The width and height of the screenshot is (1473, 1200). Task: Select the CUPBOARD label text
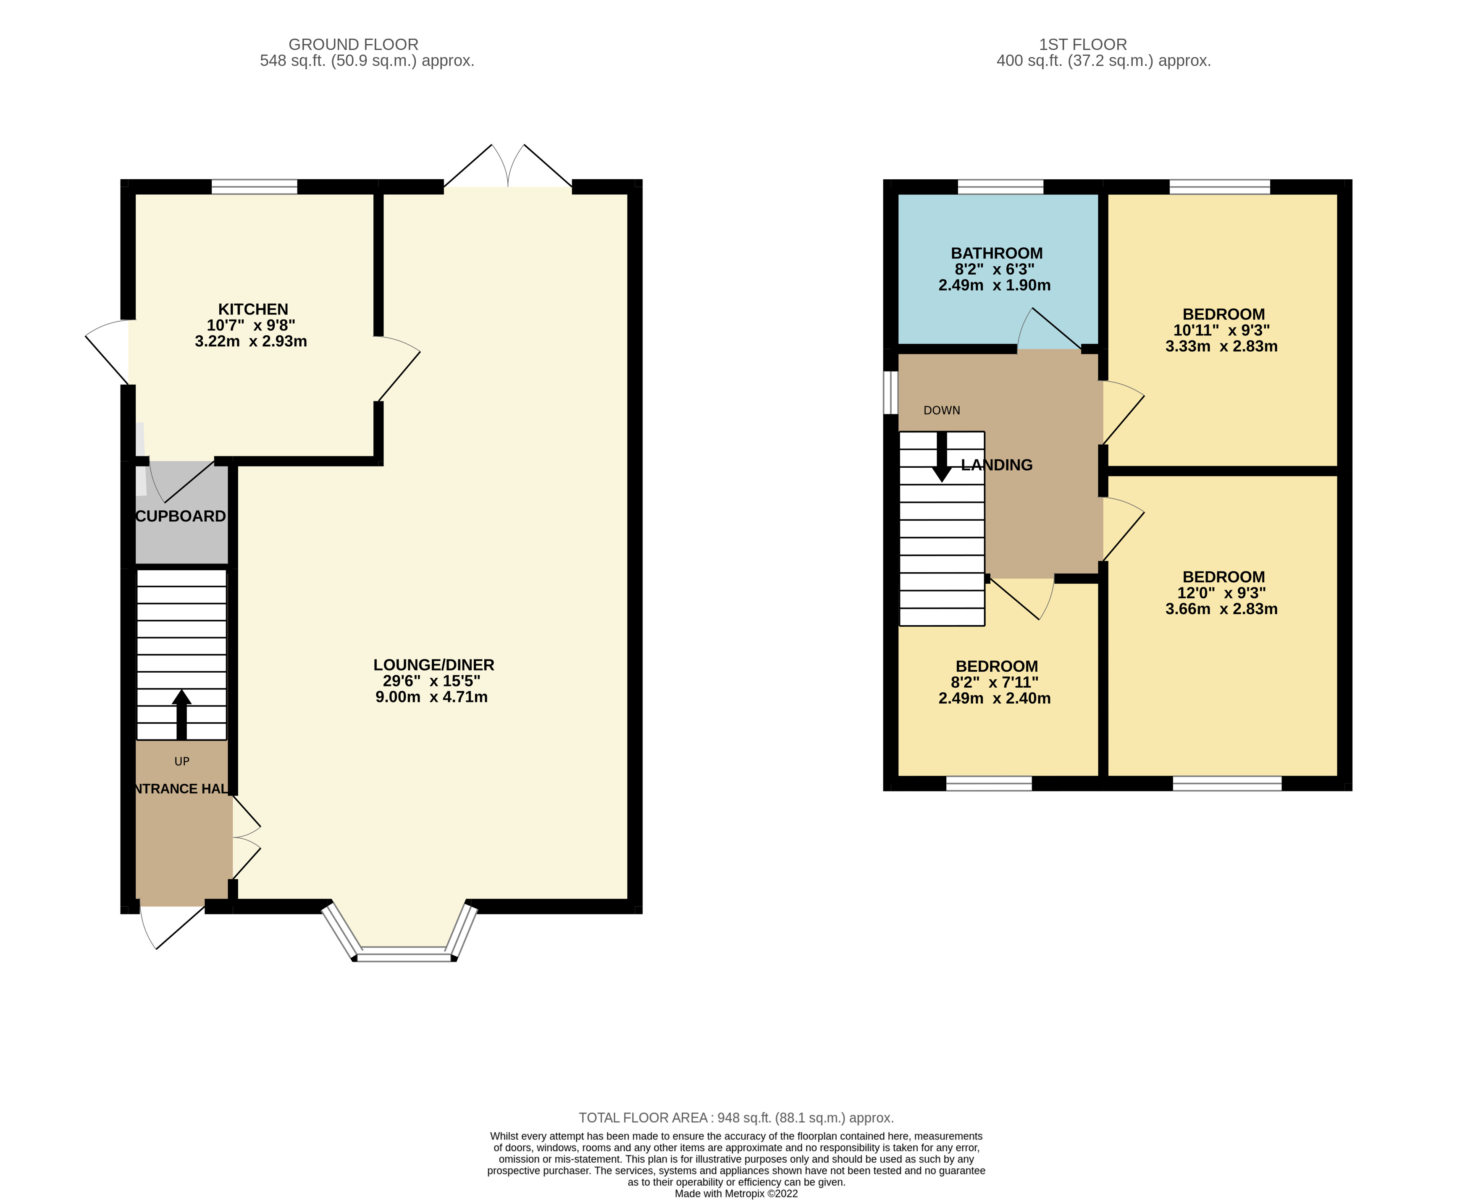[x=181, y=516]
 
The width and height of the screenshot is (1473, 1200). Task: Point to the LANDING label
[x=997, y=465]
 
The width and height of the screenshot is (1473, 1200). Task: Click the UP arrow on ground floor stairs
[x=181, y=714]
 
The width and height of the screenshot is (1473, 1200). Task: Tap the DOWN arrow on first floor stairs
[x=941, y=457]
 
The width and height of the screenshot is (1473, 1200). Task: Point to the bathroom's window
[x=1000, y=187]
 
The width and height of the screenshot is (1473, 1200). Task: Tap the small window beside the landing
[x=891, y=393]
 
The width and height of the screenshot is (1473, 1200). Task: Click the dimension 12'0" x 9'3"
[x=1221, y=593]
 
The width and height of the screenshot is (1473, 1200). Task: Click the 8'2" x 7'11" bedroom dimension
[x=995, y=682]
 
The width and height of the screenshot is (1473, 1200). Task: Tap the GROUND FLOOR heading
[x=353, y=44]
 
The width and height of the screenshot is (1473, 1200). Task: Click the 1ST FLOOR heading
[x=1082, y=44]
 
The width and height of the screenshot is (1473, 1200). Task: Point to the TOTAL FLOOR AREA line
[x=736, y=1118]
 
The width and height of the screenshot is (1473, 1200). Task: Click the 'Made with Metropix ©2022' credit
[x=736, y=1193]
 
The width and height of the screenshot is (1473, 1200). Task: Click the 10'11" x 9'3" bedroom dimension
[x=1221, y=330]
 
